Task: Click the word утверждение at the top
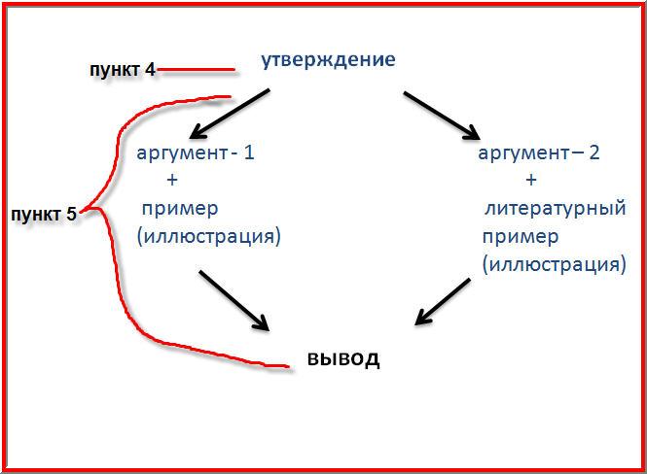tap(329, 61)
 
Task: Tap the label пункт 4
tap(123, 70)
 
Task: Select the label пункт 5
tap(44, 215)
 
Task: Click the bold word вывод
tap(343, 358)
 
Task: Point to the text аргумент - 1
tap(196, 153)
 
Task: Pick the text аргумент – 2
tap(538, 153)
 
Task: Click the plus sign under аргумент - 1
tap(172, 180)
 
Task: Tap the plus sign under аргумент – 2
tap(531, 180)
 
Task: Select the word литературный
tap(556, 209)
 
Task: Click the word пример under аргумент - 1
tap(180, 210)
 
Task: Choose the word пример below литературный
tap(521, 238)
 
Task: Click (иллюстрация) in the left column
tap(209, 237)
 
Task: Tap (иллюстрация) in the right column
tap(555, 265)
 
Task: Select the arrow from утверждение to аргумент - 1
tap(230, 114)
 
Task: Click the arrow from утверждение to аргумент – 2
tap(442, 116)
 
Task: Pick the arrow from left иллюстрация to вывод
tap(234, 301)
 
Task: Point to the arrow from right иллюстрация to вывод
tap(443, 302)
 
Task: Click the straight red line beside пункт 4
tap(196, 70)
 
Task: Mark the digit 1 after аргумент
tap(248, 152)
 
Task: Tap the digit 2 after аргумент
tap(593, 152)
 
